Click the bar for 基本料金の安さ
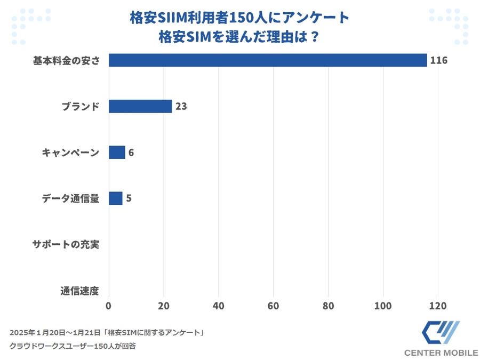(268, 60)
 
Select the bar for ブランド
(140, 106)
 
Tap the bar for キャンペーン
(117, 153)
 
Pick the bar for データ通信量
(116, 198)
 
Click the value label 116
(438, 60)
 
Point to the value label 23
(181, 106)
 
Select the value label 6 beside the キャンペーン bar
(131, 153)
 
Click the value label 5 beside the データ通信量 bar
(129, 198)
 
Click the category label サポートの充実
(66, 245)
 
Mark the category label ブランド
(79, 106)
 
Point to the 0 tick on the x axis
(109, 306)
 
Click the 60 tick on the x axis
(273, 306)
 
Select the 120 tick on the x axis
(437, 306)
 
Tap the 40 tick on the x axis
(218, 306)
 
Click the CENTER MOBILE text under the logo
(441, 353)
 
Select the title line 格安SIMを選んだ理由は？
(239, 38)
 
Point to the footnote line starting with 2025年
(107, 332)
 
